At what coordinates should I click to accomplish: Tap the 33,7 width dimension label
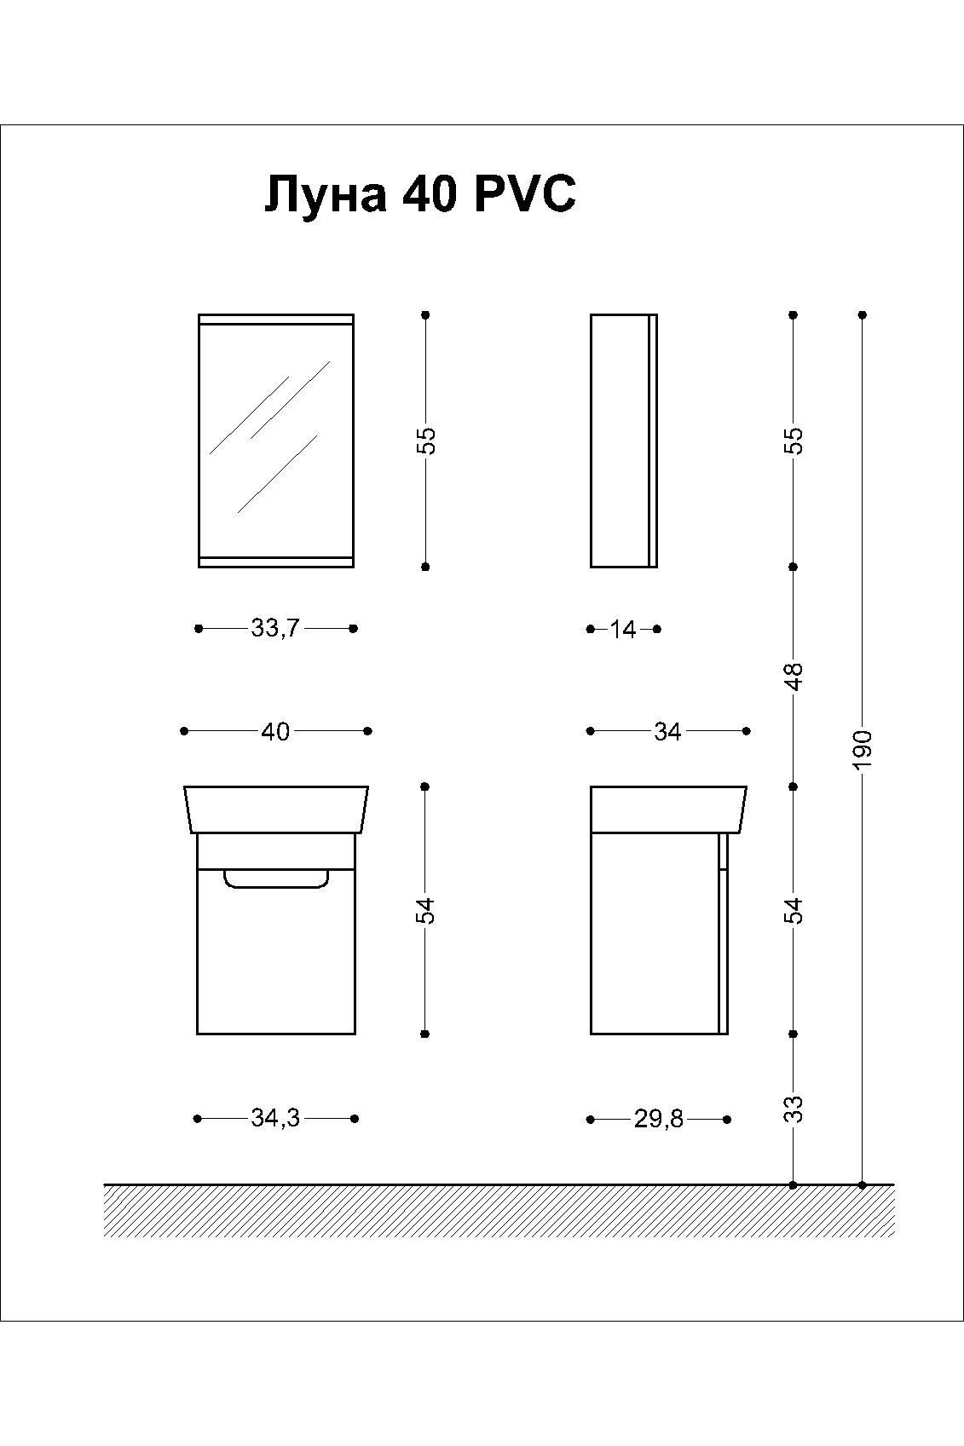coord(275,627)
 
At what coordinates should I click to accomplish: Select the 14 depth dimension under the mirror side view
coord(623,629)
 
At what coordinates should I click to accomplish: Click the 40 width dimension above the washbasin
coord(275,731)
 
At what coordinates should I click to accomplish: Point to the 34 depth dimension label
coord(667,731)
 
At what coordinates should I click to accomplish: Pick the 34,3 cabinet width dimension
coord(275,1119)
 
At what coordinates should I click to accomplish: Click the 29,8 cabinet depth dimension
coord(658,1120)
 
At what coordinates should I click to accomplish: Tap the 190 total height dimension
coord(863,750)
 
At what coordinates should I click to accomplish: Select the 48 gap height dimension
coord(794,677)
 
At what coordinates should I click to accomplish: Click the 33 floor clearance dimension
coord(794,1109)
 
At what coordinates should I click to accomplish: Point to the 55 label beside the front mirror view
coord(426,441)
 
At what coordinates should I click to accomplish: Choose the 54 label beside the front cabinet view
coord(426,911)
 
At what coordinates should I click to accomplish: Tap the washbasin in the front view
coord(276,809)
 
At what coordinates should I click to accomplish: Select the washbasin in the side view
coord(668,809)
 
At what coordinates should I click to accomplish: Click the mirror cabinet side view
coord(624,441)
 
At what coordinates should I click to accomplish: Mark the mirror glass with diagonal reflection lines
coord(276,441)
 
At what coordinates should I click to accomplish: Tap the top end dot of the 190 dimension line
coord(862,315)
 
